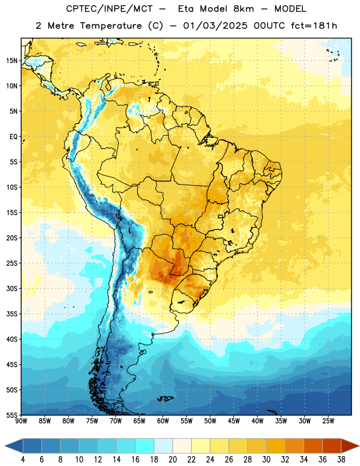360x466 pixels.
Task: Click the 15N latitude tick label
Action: pos(12,61)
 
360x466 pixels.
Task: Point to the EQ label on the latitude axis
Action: pos(13,137)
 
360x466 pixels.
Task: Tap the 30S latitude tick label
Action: pos(12,288)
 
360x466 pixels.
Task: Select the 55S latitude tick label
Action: pos(12,415)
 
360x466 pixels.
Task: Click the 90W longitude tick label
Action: pos(22,421)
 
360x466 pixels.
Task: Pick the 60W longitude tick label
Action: pos(163,421)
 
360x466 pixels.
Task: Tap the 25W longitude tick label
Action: pos(328,421)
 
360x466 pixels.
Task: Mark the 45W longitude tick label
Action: pos(234,421)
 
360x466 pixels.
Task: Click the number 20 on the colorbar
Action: pos(172,460)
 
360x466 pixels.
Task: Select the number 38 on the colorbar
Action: pos(341,460)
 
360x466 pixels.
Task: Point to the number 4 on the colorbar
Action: pos(23,460)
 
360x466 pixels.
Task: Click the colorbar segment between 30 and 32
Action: pos(276,446)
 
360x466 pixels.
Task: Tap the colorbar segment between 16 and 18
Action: pos(144,446)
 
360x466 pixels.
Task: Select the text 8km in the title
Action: pos(243,9)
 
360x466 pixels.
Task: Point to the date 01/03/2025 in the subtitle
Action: pos(215,26)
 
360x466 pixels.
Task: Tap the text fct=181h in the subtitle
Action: pos(314,26)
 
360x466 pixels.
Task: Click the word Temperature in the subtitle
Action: pos(111,26)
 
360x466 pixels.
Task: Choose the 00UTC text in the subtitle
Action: pos(269,26)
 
